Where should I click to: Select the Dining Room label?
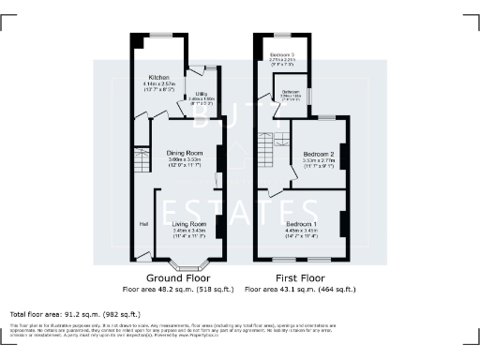point(185,153)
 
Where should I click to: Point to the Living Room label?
point(187,224)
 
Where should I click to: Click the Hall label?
point(143,224)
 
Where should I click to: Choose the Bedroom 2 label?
point(319,154)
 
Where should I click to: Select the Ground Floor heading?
point(179,278)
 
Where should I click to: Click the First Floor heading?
point(292,278)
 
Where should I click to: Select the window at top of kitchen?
point(161,36)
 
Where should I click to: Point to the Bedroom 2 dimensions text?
point(319,163)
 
